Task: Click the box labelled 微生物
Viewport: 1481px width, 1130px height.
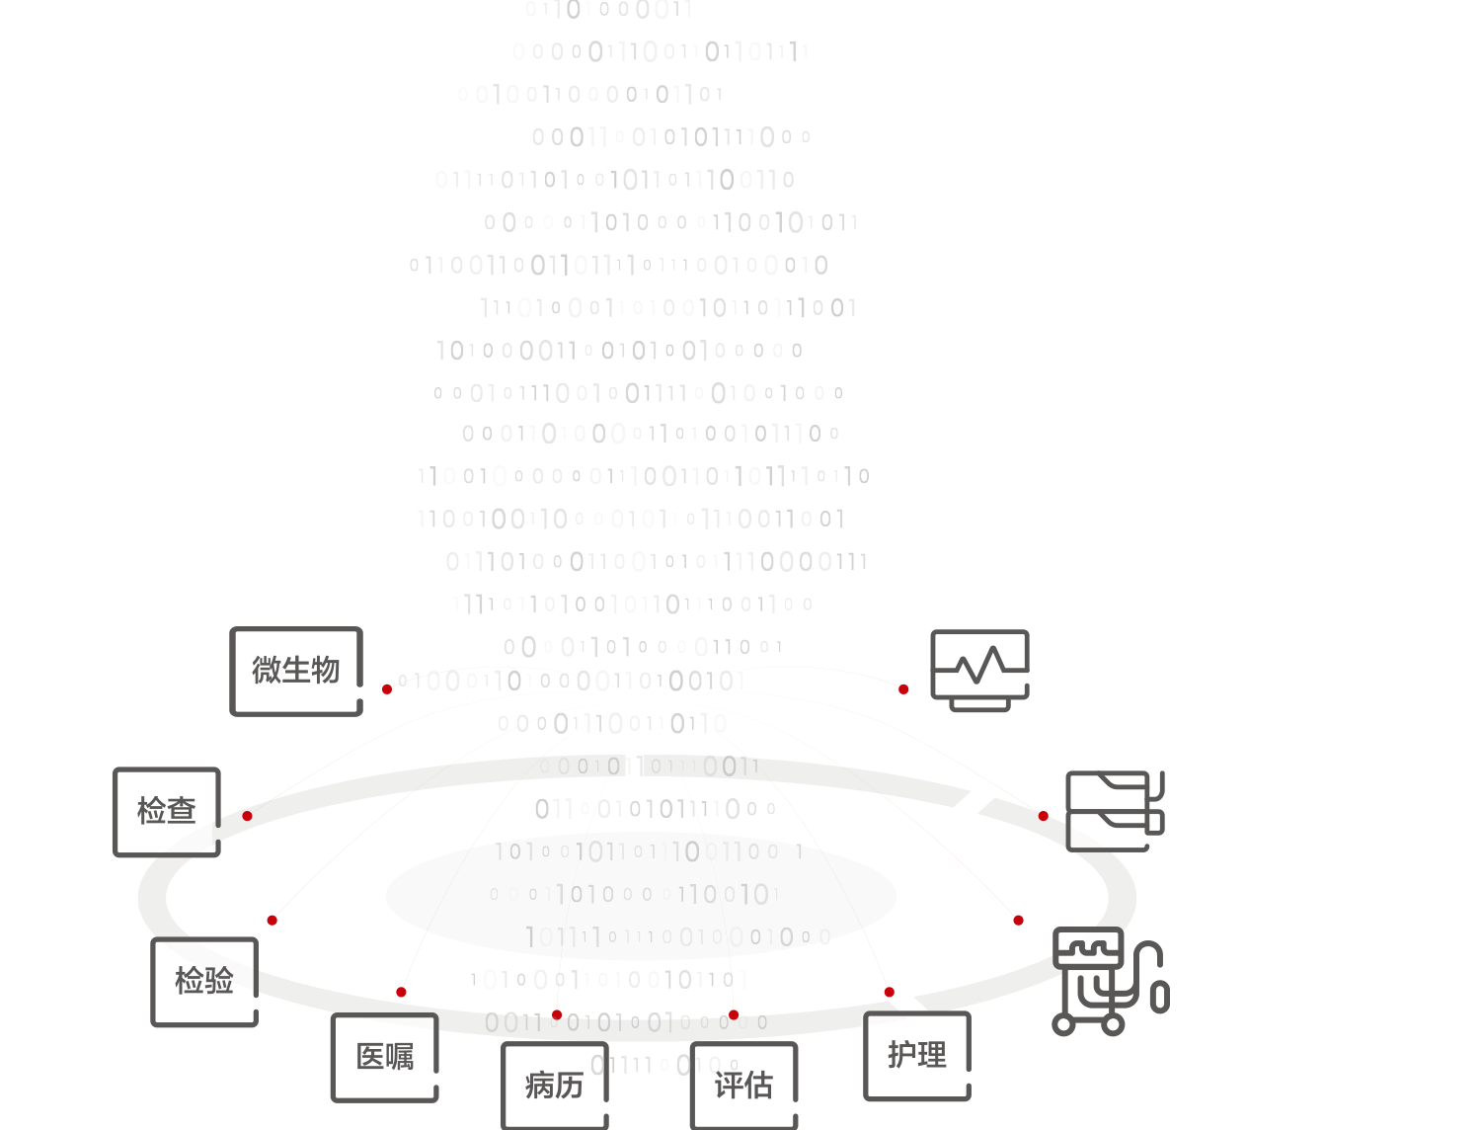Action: point(296,671)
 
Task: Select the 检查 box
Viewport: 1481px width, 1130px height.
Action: point(167,811)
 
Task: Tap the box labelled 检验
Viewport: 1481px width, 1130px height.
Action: point(204,981)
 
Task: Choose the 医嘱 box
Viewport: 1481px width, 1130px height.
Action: point(385,1057)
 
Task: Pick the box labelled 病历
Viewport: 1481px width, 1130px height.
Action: point(554,1086)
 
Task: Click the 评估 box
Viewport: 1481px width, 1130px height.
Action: point(743,1086)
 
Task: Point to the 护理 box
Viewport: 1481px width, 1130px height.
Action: point(916,1055)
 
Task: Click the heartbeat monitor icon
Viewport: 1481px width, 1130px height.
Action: point(979,670)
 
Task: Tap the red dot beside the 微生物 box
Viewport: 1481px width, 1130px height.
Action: point(387,688)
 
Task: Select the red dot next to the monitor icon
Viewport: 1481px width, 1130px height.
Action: point(903,688)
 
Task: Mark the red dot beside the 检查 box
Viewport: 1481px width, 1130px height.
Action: point(247,816)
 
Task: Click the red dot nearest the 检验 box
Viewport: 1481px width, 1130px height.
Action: point(272,921)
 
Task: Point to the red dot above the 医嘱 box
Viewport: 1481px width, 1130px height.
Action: point(401,992)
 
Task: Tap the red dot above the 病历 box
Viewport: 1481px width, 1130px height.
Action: point(557,1014)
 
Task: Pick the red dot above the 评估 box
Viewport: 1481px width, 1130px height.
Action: point(734,1014)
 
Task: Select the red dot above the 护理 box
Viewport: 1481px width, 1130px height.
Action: point(890,992)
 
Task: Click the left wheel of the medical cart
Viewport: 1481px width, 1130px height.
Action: point(1063,1025)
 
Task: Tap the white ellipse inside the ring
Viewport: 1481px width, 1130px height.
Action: point(641,896)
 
